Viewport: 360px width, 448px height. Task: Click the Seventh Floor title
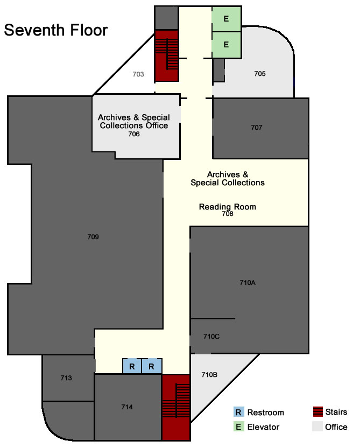[55, 30]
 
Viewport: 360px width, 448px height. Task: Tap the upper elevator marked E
[227, 19]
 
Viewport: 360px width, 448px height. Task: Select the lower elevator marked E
[227, 45]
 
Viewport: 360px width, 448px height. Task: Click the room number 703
[138, 74]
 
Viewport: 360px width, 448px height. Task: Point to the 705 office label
[260, 74]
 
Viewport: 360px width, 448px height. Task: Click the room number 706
[134, 134]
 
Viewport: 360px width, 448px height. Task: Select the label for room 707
[256, 128]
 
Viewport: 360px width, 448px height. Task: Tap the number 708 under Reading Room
[228, 214]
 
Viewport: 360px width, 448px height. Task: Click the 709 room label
[93, 237]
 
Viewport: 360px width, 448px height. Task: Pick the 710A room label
[248, 283]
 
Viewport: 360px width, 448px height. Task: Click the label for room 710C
[211, 337]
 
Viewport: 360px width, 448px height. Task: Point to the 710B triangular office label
[209, 375]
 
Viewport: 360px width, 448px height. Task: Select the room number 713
[66, 378]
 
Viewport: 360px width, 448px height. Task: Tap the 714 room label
[127, 407]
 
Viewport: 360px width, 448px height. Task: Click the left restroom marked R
[132, 366]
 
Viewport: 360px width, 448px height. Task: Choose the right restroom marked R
[152, 366]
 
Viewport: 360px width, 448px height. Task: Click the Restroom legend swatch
[238, 412]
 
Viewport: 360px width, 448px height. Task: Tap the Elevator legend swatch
[238, 426]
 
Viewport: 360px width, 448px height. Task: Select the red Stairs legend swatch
[317, 412]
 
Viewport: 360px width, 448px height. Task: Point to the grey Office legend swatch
[317, 426]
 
